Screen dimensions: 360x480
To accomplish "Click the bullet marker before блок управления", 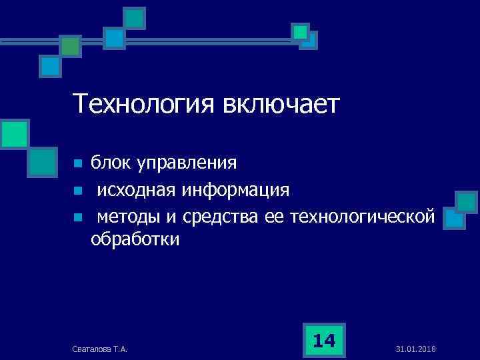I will click(x=77, y=163).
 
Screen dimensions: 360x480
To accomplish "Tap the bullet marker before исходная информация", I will click(x=77, y=191).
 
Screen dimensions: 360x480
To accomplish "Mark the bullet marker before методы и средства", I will click(x=77, y=217).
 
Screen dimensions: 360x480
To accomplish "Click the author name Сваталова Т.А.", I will click(x=101, y=349).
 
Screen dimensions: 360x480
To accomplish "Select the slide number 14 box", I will click(x=324, y=341).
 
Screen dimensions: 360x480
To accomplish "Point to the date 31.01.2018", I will click(x=416, y=349).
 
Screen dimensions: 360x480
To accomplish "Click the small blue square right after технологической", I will click(x=455, y=219).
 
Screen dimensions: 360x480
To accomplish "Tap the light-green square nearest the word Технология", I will click(x=13, y=133).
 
